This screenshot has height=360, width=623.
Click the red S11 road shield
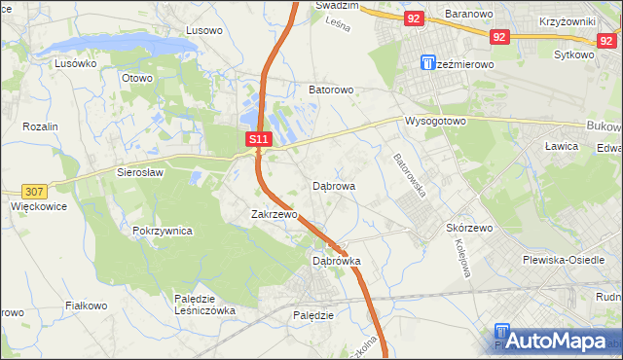coord(258,140)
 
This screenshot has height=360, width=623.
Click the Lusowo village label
coord(203,30)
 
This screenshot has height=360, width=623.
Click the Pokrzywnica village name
coord(163,232)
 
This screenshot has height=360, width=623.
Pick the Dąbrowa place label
coord(334,185)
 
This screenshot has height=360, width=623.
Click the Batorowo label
coord(331,90)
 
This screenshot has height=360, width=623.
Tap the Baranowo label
coord(470,15)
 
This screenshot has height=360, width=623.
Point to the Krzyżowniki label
coord(574,20)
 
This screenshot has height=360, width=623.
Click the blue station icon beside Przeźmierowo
coord(428,63)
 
